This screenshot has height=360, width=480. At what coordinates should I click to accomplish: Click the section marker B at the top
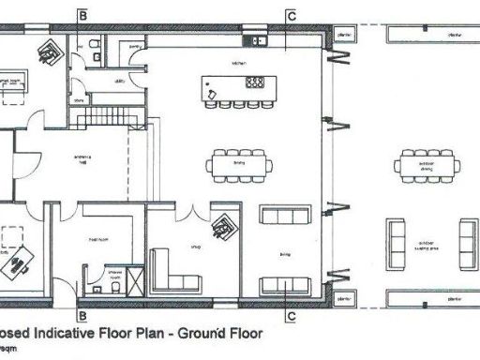pos(82,16)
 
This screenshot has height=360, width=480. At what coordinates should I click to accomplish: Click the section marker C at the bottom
pos(292,316)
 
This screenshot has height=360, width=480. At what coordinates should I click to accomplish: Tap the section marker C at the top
pos(292,16)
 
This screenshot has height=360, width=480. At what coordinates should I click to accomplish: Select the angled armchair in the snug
pos(224,225)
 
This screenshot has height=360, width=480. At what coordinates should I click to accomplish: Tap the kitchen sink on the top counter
pos(251,40)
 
